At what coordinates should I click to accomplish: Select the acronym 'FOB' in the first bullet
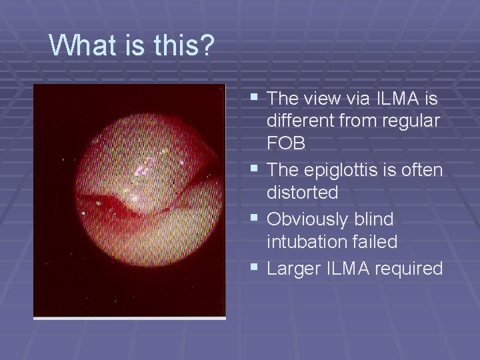click(x=286, y=143)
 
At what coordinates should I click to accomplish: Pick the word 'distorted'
click(x=302, y=192)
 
